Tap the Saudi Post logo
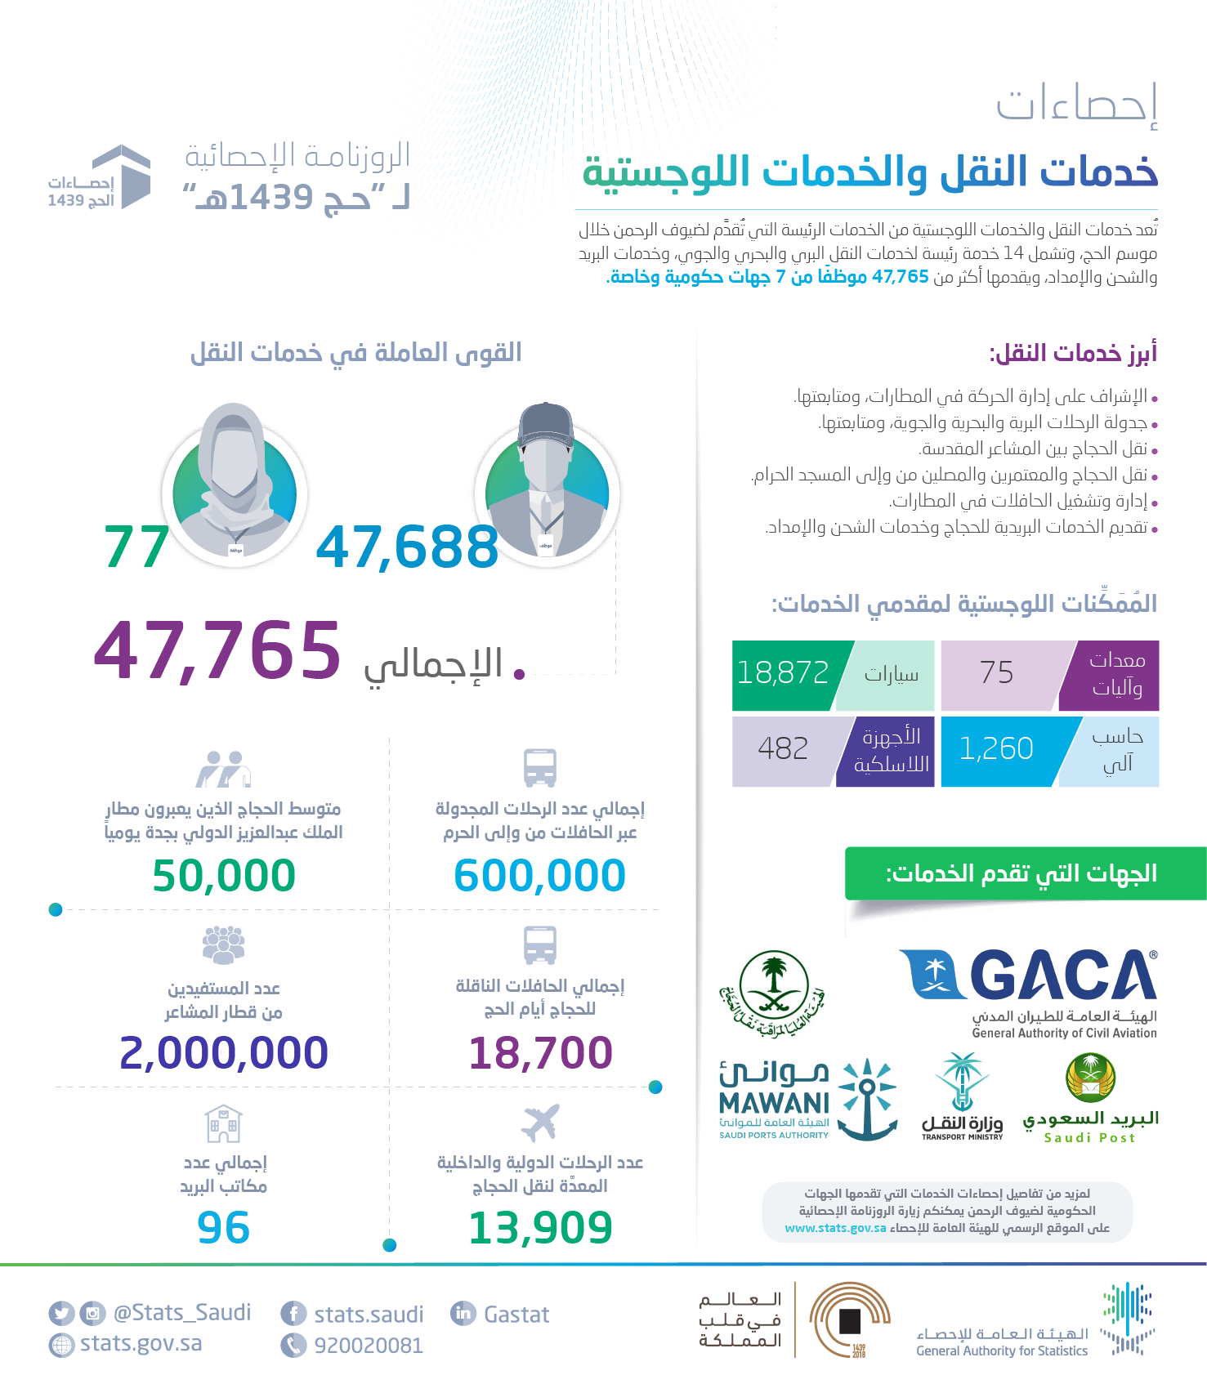click(x=1090, y=1098)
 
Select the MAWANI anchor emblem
click(x=868, y=1099)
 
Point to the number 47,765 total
click(x=217, y=651)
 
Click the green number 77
click(x=136, y=547)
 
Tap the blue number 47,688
click(x=407, y=547)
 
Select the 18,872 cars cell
click(x=783, y=673)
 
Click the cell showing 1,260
click(x=996, y=749)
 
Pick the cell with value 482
click(x=783, y=749)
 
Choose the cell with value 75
click(x=996, y=673)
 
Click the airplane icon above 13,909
click(x=540, y=1123)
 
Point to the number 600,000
click(x=539, y=876)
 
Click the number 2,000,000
click(x=224, y=1052)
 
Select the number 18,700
click(x=540, y=1052)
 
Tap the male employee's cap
click(x=546, y=425)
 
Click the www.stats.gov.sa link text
click(x=835, y=1228)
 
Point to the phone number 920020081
click(x=369, y=1346)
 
